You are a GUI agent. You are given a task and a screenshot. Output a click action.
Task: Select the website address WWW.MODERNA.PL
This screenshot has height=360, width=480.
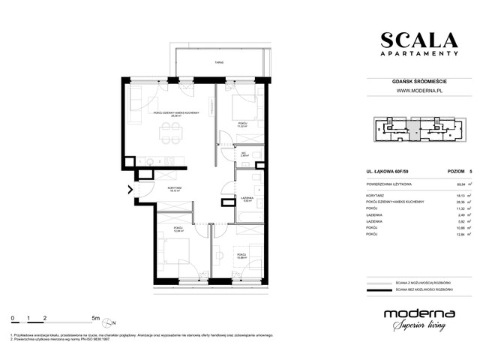click(418, 91)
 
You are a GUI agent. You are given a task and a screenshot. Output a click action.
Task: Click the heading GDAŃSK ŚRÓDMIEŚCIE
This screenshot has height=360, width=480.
click(418, 81)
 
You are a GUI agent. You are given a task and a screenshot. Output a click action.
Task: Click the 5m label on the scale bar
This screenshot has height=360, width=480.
click(95, 318)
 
